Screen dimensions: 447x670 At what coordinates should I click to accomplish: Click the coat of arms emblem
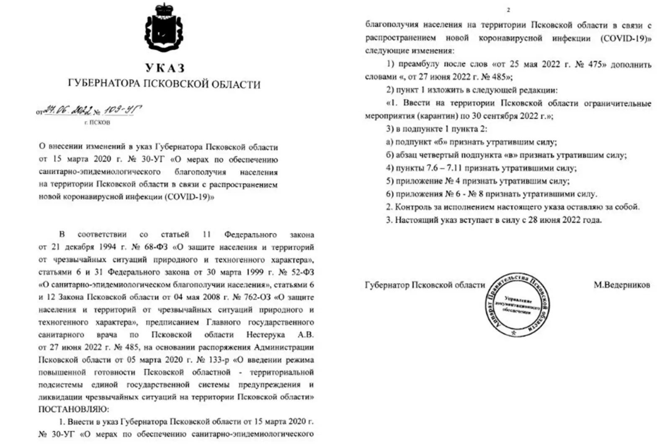click(164, 28)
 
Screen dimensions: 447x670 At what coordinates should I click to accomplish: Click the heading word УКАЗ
click(165, 68)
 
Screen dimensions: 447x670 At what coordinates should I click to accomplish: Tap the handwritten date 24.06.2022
click(65, 111)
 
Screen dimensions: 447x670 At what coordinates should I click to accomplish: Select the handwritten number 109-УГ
click(121, 111)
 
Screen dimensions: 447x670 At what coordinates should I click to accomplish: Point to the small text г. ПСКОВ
click(97, 123)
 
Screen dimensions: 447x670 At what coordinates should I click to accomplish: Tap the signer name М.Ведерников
click(621, 285)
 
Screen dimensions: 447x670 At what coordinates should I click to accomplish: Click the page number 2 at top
click(508, 10)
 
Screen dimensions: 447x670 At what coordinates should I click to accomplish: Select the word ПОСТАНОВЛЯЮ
click(73, 409)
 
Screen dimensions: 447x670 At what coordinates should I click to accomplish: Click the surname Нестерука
click(265, 335)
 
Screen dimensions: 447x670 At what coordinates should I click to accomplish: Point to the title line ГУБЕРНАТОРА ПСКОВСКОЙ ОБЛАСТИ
click(164, 85)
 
